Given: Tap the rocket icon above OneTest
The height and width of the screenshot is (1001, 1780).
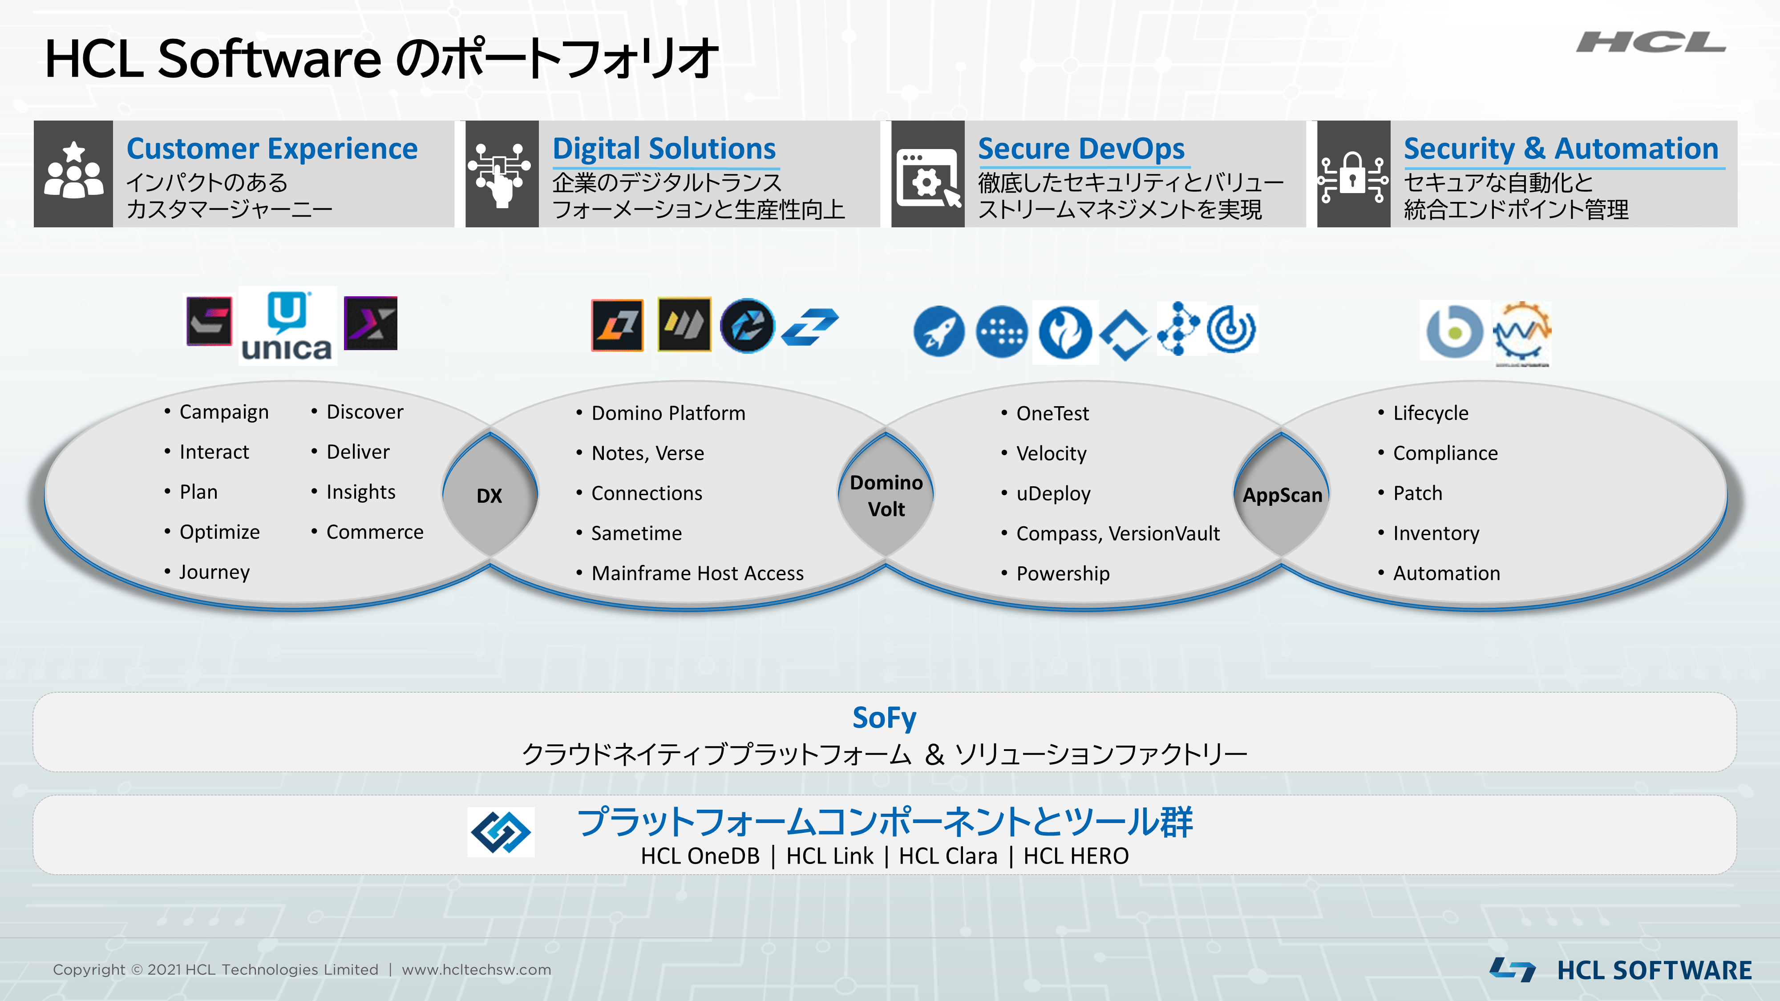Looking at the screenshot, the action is (x=939, y=331).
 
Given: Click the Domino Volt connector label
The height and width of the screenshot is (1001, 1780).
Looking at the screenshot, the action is (x=886, y=495).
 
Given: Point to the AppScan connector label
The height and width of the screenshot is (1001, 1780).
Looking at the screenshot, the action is (x=1282, y=495).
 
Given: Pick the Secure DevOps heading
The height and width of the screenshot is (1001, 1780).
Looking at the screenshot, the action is (x=1081, y=149).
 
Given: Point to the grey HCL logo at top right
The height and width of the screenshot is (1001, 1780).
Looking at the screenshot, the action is (x=1651, y=42).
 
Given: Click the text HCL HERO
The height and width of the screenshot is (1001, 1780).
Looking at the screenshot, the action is (x=1076, y=856).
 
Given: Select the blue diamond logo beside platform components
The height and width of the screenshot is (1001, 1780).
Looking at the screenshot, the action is (x=501, y=832).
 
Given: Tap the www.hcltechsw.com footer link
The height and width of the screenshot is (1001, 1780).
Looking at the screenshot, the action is (x=477, y=970).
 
